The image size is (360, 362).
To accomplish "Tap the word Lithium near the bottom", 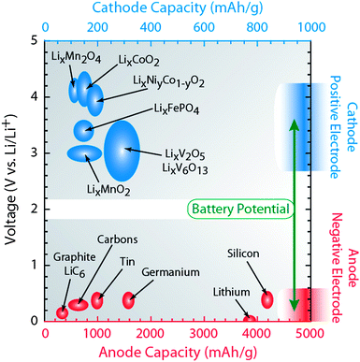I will (x=232, y=292).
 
